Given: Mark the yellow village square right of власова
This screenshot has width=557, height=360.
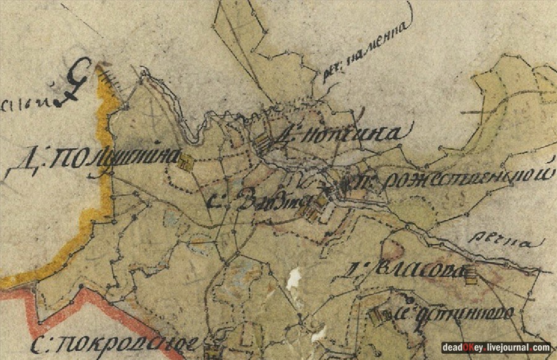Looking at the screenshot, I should click(472, 275).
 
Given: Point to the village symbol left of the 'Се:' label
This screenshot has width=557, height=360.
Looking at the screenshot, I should click(376, 315).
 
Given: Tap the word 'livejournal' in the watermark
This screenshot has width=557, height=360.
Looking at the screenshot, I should click(506, 348).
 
